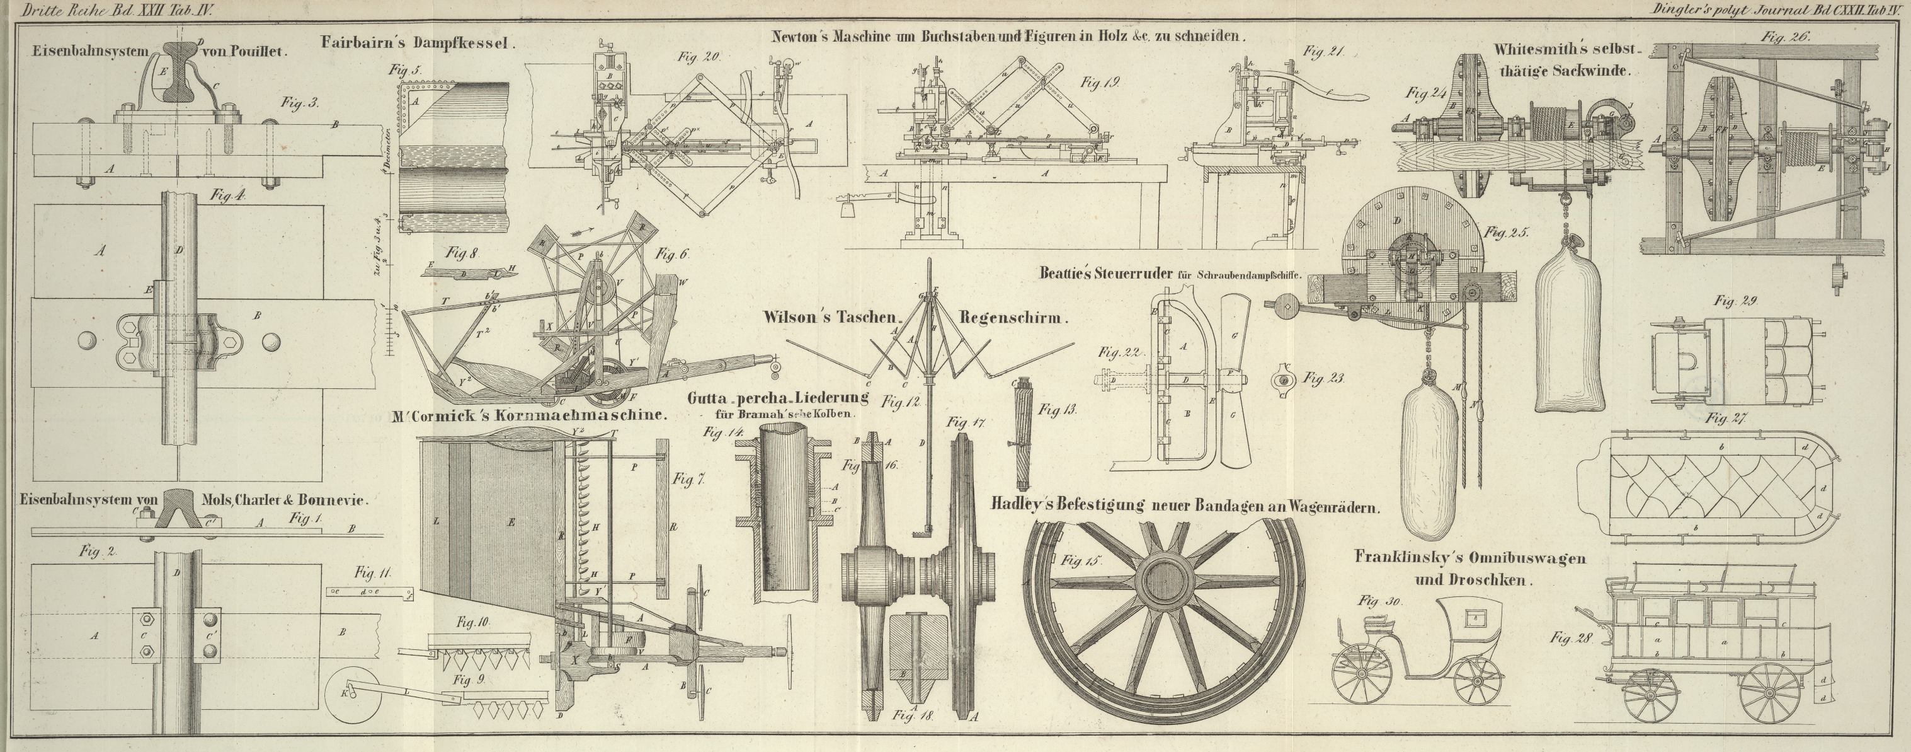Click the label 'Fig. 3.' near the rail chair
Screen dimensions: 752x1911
[x=300, y=103]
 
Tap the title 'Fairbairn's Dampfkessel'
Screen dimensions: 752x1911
[x=418, y=43]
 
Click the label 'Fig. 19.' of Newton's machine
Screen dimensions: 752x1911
[x=1099, y=83]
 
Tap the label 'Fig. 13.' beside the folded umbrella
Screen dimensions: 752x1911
[x=1057, y=409]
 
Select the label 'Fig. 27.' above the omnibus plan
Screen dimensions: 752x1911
[x=1726, y=419]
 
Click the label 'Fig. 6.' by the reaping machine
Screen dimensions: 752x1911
[x=672, y=254]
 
